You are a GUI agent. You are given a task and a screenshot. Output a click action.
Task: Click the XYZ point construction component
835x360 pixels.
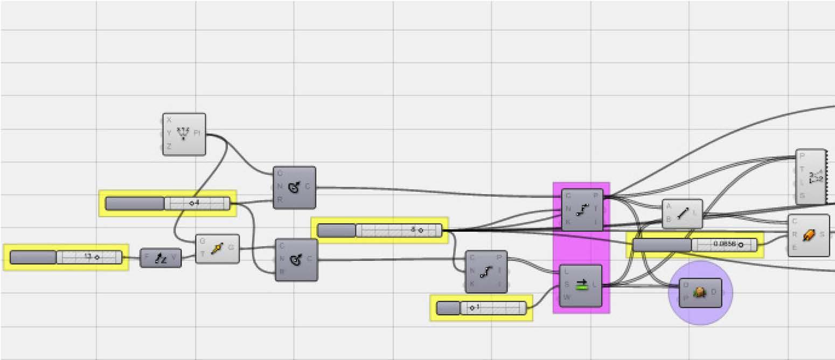[184, 134]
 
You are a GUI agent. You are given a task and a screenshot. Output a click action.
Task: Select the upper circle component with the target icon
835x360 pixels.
[294, 188]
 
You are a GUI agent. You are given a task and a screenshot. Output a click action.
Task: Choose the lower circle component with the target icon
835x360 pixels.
[296, 260]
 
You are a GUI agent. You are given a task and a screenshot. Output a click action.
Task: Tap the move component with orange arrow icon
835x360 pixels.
[217, 249]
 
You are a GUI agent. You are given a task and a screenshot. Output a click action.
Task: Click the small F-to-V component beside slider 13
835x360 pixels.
[161, 258]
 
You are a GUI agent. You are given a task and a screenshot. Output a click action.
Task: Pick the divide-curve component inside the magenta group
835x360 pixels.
[582, 210]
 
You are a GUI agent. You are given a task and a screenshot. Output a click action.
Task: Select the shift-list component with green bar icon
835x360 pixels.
[581, 286]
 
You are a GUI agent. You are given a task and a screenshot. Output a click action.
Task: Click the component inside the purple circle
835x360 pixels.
[700, 293]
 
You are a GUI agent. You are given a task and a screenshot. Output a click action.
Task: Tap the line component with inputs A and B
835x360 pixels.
[682, 213]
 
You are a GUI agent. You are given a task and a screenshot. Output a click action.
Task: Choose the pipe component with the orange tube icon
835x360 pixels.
[808, 236]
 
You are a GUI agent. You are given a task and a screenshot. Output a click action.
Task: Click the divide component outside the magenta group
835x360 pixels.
[486, 271]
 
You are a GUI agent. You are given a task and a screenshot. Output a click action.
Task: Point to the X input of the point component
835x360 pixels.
[169, 121]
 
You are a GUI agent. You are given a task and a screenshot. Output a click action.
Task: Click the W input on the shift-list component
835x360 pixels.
[567, 297]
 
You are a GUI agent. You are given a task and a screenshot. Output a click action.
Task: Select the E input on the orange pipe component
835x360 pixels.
[795, 247]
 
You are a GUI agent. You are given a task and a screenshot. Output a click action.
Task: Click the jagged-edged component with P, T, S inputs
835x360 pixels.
[811, 177]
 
